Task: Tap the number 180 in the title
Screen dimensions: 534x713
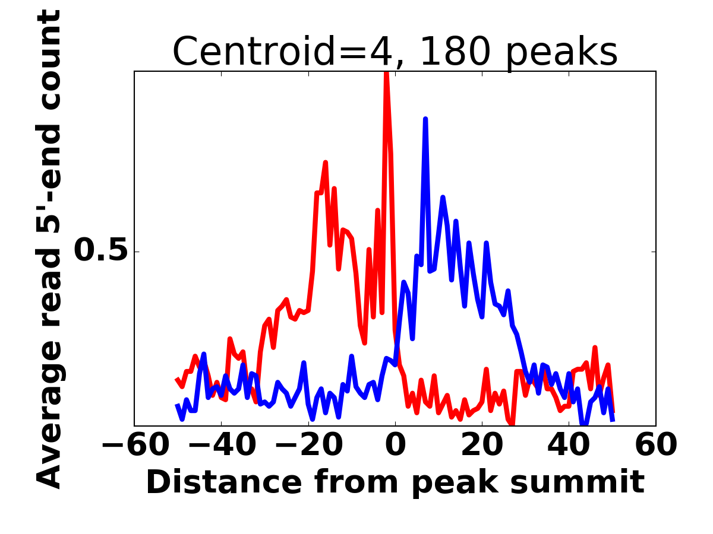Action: (455, 52)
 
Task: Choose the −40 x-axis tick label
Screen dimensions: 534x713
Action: (221, 445)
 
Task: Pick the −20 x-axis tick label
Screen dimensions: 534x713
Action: (308, 445)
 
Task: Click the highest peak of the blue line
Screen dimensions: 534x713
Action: (425, 119)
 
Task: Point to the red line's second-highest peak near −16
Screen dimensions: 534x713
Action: (326, 162)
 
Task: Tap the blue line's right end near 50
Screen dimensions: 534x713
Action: (613, 420)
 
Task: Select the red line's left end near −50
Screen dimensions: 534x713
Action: (177, 379)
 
